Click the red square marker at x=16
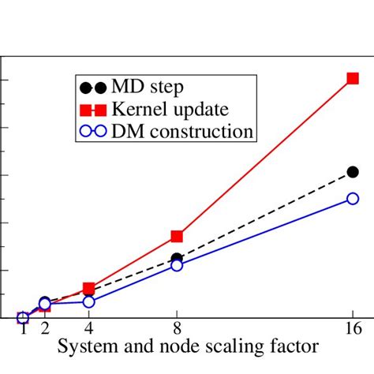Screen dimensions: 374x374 (x=353, y=78)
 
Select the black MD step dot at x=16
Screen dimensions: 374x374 (x=353, y=172)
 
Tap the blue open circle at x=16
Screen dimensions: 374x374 (x=353, y=199)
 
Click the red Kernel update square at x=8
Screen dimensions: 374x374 (x=177, y=236)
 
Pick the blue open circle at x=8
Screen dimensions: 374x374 (x=177, y=265)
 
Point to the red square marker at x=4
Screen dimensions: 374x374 (x=88, y=289)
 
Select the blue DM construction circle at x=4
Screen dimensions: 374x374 (x=88, y=301)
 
